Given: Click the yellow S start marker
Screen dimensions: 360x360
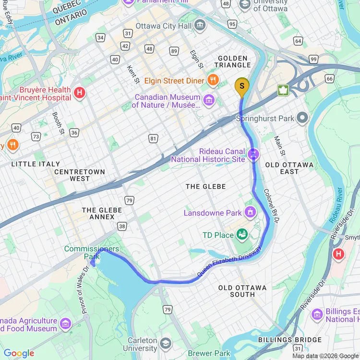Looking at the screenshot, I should [x=242, y=87].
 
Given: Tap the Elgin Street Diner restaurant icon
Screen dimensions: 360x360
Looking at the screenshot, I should [x=214, y=80].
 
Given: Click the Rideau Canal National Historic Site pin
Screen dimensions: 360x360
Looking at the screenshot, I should [x=254, y=154].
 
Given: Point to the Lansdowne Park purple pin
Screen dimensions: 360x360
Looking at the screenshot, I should [x=250, y=212].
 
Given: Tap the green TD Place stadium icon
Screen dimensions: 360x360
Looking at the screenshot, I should [x=242, y=234].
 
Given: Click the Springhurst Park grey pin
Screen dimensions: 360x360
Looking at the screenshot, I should [x=302, y=118].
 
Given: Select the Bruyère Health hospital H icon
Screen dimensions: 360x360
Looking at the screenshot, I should [x=80, y=93].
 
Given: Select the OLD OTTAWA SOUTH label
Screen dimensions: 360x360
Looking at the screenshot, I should [x=242, y=291].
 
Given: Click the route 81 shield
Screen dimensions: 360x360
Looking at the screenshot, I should [x=153, y=139].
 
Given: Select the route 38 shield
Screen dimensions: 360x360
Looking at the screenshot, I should [x=122, y=226].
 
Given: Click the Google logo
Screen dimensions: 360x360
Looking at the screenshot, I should [x=19, y=353].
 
